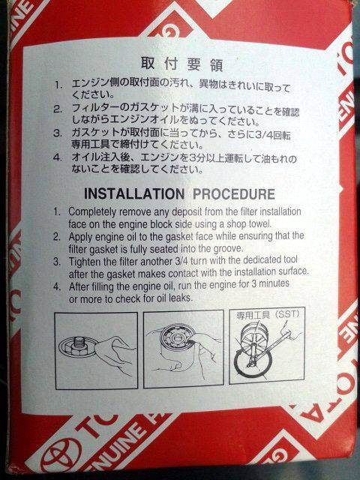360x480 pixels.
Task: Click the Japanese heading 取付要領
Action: (181, 64)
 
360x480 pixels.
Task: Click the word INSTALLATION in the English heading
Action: (134, 194)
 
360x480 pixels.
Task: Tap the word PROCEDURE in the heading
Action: (234, 194)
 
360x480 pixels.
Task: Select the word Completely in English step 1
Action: (92, 211)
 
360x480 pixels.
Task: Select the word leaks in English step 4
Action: (181, 297)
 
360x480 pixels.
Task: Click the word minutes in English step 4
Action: (274, 283)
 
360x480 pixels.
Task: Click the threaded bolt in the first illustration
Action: (77, 344)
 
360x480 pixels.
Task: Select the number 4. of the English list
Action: (57, 286)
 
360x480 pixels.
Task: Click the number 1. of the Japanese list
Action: (58, 85)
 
